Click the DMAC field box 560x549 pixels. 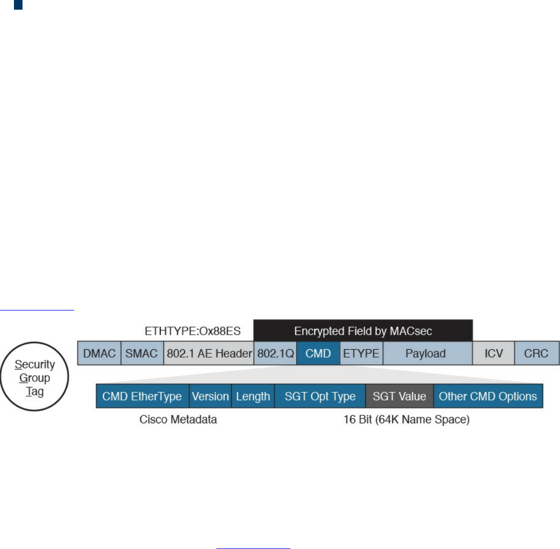coord(99,354)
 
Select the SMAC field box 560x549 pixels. coord(142,354)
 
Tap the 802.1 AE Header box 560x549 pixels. coord(209,354)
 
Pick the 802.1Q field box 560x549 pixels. coord(275,354)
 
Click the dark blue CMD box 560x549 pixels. coord(318,354)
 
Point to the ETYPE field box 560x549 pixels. coord(361,354)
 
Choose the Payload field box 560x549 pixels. coord(427,354)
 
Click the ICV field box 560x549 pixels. coord(493,354)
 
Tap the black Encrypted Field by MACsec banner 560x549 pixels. coord(363,330)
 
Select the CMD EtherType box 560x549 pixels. coord(142,396)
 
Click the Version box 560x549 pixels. coord(210,396)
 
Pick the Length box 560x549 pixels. coord(253,396)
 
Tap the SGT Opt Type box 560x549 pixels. coord(320,396)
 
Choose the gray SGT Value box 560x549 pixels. coord(399,396)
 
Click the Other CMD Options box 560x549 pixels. coord(488,396)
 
